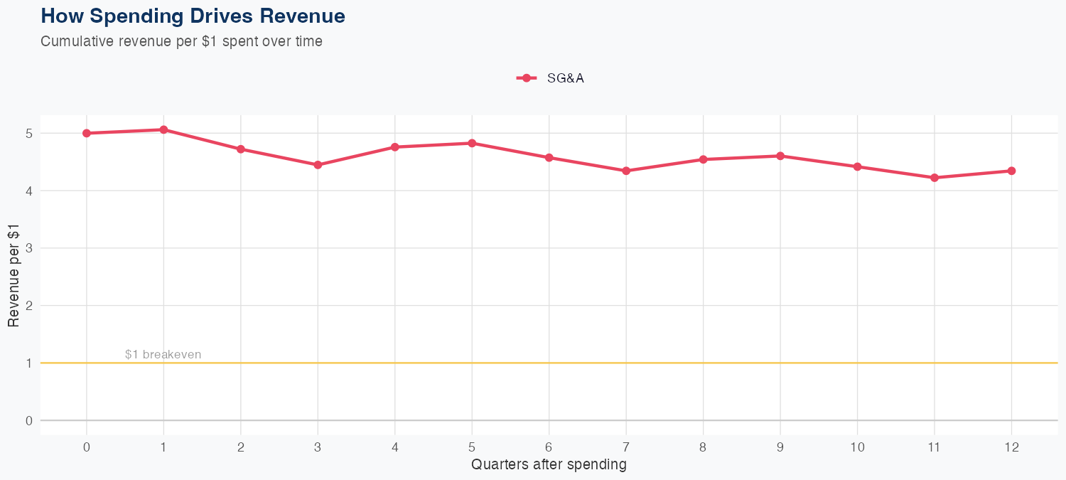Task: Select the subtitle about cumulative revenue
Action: click(x=182, y=41)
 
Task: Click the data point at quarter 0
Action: click(x=87, y=133)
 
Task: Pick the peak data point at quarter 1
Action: click(x=163, y=129)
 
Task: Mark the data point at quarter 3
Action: click(x=318, y=165)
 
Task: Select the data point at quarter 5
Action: click(x=472, y=143)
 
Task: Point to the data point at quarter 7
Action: click(x=626, y=171)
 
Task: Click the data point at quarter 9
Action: click(x=780, y=156)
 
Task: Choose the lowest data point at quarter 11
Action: click(x=935, y=178)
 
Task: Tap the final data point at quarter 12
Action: click(x=1011, y=171)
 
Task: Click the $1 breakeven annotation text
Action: click(x=163, y=354)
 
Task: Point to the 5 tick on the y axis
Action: click(x=29, y=133)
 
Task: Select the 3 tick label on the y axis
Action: click(x=29, y=248)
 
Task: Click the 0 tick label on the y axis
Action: click(x=29, y=420)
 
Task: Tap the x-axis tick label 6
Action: click(x=549, y=447)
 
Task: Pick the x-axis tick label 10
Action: click(x=857, y=447)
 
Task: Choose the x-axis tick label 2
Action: click(x=241, y=447)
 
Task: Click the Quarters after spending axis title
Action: click(x=549, y=465)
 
